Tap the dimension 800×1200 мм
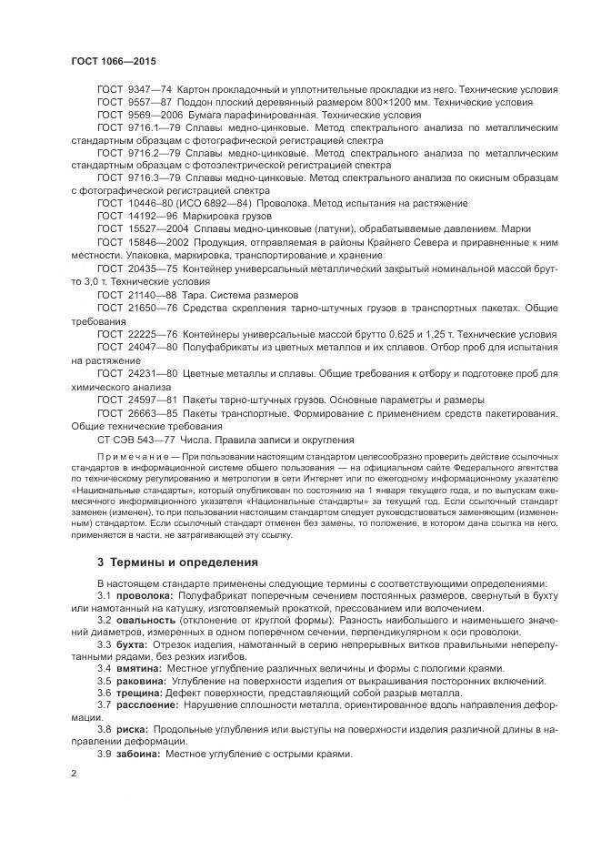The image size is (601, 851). [376, 104]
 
